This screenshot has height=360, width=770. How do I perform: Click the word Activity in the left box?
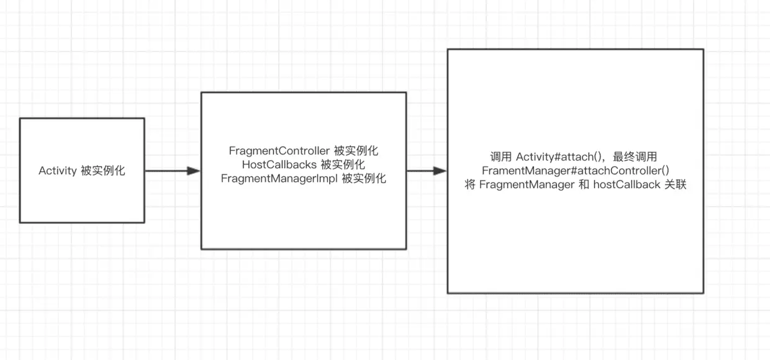click(58, 171)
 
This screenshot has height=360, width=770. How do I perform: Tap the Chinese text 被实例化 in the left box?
click(103, 171)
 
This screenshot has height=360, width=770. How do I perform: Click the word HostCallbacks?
click(280, 164)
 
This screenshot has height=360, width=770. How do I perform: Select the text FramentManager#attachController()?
click(575, 171)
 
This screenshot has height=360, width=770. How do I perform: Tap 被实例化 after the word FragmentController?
click(356, 151)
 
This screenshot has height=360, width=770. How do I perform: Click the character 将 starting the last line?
click(470, 185)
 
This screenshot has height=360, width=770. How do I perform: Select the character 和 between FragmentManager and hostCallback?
click(584, 185)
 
